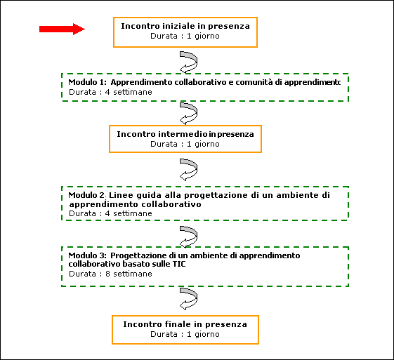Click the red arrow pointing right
pos(62,29)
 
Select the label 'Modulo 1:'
pos(88,82)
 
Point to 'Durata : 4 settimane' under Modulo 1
pos(110,92)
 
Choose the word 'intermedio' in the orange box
pos(183,134)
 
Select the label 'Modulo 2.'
pos(88,195)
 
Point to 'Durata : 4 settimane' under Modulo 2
pos(110,213)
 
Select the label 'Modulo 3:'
pos(88,255)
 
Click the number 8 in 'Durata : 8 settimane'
pos(107,274)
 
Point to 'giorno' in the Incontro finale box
pos(207,335)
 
